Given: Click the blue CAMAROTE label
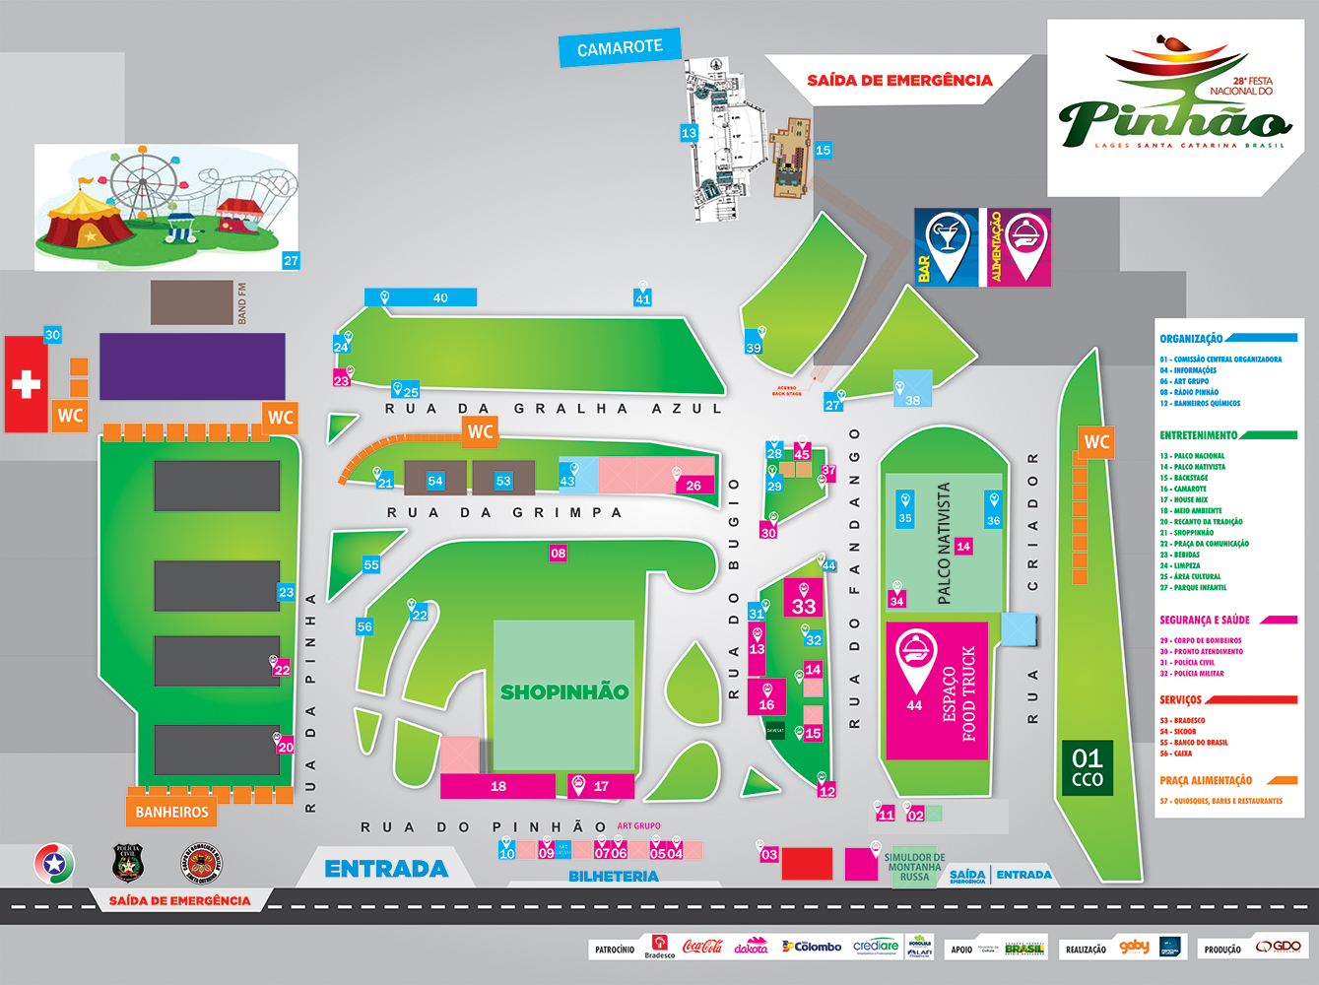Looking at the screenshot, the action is pos(620,48).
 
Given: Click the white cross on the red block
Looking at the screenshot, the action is pos(26,383).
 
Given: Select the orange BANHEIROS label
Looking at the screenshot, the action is pos(171,812).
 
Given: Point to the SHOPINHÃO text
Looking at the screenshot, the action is pos(563,692).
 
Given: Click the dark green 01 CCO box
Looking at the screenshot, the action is pos(1087,767).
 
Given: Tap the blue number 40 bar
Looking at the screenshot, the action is pos(422,297).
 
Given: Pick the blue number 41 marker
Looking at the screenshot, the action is pos(642,298).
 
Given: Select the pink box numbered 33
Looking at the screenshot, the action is pos(804,600).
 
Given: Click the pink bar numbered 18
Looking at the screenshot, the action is pos(497,786).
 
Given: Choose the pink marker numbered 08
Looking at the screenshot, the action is pos(559,554).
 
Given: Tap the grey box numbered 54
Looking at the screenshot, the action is pos(435,480).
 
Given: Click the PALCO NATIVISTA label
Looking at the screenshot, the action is pos(944,543).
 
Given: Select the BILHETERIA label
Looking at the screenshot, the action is pos(613,876).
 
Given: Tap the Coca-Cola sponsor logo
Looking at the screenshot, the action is pos(702,947).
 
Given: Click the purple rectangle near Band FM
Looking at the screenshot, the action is pos(192,365).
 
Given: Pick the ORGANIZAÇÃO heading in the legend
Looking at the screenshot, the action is pos(1191,339).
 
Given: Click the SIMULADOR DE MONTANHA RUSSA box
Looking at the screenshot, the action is pos(914,867).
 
